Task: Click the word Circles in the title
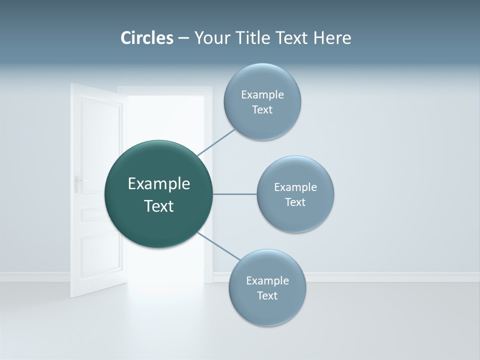[146, 38]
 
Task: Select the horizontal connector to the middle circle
[234, 194]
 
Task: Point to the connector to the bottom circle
[218, 246]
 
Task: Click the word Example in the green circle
[159, 184]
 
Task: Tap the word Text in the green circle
[159, 206]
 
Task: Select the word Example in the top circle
[262, 95]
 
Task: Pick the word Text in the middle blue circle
[295, 202]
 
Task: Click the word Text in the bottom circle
[267, 296]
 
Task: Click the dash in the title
[183, 38]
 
